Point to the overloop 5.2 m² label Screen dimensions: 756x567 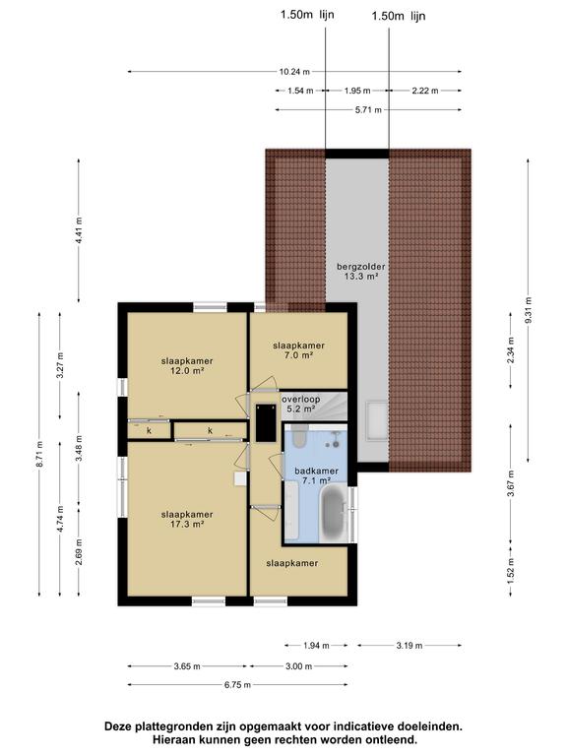(x=299, y=404)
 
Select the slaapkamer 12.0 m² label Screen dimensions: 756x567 (x=187, y=366)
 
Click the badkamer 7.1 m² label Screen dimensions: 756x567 (x=315, y=476)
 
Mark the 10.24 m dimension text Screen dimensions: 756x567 (x=293, y=72)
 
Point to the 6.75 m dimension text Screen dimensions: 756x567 (x=237, y=685)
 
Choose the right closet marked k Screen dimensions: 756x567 (x=210, y=430)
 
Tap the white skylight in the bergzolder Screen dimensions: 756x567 (x=375, y=420)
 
